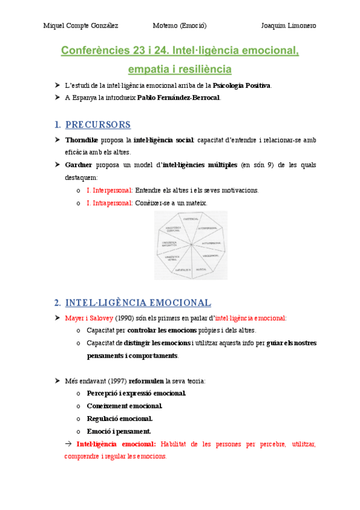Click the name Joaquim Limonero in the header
click(x=288, y=26)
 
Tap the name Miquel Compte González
click(x=81, y=26)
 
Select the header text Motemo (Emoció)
click(x=180, y=26)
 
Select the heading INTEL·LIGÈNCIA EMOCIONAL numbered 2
click(x=138, y=303)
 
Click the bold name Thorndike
click(x=82, y=140)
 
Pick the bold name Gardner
click(x=79, y=165)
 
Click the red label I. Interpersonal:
click(x=110, y=190)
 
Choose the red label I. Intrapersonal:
click(x=110, y=203)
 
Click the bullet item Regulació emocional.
click(x=120, y=419)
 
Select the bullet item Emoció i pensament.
click(x=119, y=431)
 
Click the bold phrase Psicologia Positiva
click(x=242, y=85)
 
